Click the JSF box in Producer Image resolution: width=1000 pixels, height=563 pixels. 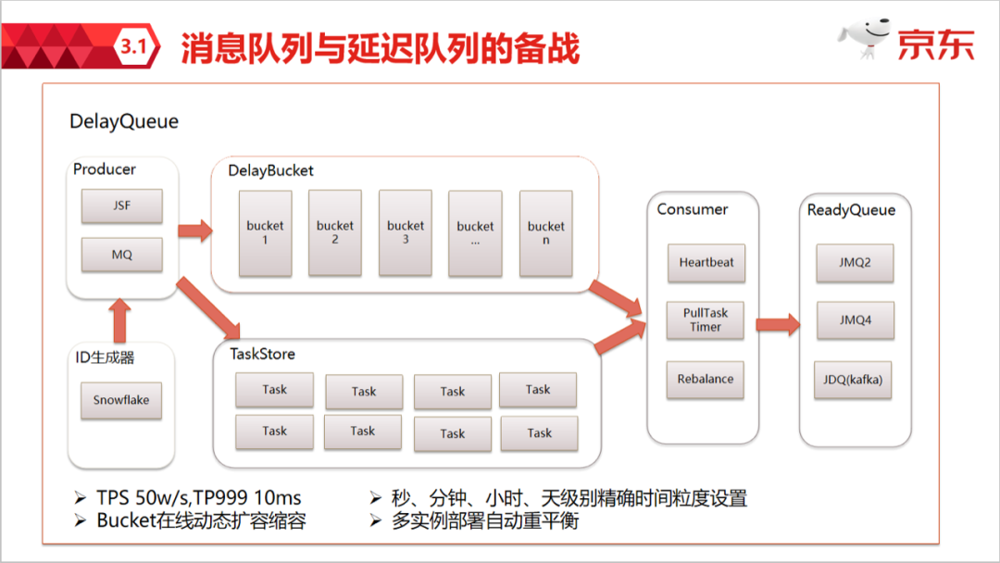click(x=122, y=206)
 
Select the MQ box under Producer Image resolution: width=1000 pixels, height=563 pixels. click(x=122, y=255)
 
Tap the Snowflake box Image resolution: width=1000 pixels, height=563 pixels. click(x=121, y=400)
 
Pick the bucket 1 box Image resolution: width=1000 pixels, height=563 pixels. click(x=266, y=233)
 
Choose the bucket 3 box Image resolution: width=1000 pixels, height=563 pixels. click(x=406, y=232)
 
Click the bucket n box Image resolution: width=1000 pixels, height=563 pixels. click(x=546, y=233)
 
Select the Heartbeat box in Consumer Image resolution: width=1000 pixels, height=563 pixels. click(x=706, y=263)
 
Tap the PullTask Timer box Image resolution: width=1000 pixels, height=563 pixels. click(x=706, y=320)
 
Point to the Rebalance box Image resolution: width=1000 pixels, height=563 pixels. click(x=706, y=380)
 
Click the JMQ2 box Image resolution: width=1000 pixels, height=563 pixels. click(x=855, y=263)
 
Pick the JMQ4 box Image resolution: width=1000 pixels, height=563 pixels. click(x=856, y=320)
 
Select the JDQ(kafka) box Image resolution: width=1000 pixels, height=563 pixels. click(x=853, y=380)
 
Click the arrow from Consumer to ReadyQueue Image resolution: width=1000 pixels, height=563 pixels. click(x=778, y=324)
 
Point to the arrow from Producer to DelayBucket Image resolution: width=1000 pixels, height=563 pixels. click(x=195, y=231)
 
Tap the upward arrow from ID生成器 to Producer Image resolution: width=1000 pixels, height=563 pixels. click(x=119, y=321)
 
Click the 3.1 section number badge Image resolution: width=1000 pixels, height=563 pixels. click(x=134, y=46)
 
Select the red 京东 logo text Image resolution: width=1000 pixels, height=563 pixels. click(x=935, y=44)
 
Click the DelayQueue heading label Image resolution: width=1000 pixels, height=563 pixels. click(x=124, y=122)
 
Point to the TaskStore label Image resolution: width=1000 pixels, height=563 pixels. click(x=262, y=354)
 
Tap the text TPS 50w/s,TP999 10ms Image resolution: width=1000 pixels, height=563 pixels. click(x=199, y=497)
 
